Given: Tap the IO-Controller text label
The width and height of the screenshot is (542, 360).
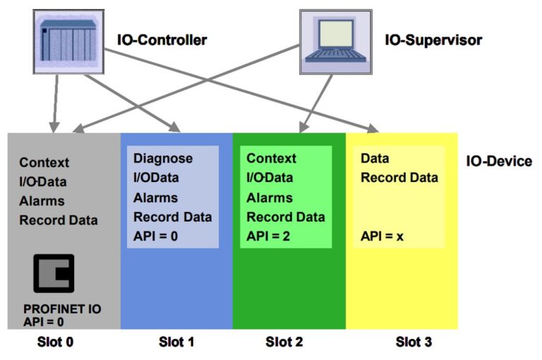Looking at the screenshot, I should click(x=162, y=40).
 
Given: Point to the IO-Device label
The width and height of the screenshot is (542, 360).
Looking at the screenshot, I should click(x=499, y=162).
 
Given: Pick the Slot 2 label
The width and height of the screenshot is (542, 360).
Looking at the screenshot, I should click(x=284, y=343).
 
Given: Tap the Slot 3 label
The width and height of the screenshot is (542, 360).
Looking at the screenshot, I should click(x=413, y=343).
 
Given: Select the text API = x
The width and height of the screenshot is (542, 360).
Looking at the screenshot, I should click(x=382, y=236).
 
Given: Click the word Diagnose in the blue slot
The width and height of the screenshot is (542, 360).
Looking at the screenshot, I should click(x=162, y=158).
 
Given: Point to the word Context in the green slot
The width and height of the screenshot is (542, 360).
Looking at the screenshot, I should click(x=272, y=158).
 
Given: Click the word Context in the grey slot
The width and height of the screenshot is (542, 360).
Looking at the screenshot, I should click(x=44, y=162).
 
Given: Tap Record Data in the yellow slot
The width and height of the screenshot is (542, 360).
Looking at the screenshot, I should click(x=399, y=178).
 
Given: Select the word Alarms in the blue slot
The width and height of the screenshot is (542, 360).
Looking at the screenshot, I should click(x=155, y=197).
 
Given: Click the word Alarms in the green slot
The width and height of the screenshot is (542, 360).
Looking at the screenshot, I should click(x=269, y=197).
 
